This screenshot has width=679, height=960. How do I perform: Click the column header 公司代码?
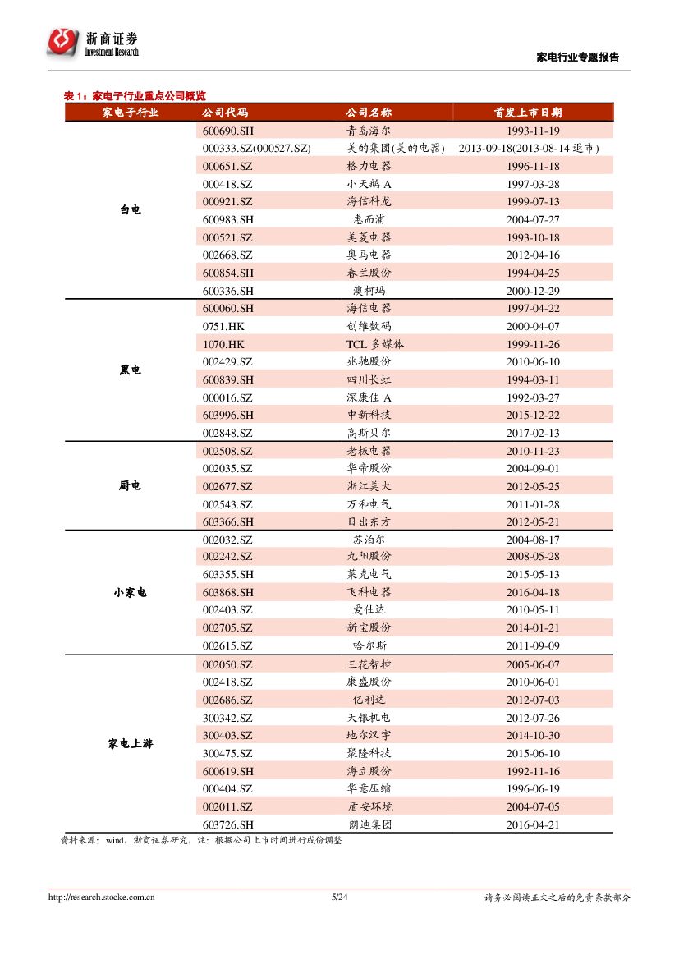[x=224, y=113]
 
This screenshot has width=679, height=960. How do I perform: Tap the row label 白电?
[x=131, y=210]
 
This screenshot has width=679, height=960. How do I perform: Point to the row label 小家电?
[x=131, y=592]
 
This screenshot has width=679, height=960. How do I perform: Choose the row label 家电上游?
[x=131, y=744]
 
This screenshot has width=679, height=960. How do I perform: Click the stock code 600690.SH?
[x=227, y=131]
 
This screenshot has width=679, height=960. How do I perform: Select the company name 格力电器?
[x=369, y=166]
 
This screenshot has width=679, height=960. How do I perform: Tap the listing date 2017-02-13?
[x=533, y=433]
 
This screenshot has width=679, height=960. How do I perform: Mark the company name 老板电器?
[x=369, y=451]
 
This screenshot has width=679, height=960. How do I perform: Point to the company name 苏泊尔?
[x=369, y=540]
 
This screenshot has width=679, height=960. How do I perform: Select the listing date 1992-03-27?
[x=533, y=397]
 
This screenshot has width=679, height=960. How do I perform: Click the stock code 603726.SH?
[x=227, y=824]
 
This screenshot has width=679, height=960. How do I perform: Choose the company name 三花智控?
[x=369, y=664]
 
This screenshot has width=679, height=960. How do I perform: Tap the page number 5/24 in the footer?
[x=339, y=897]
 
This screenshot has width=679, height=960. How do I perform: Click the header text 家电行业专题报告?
[x=577, y=57]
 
